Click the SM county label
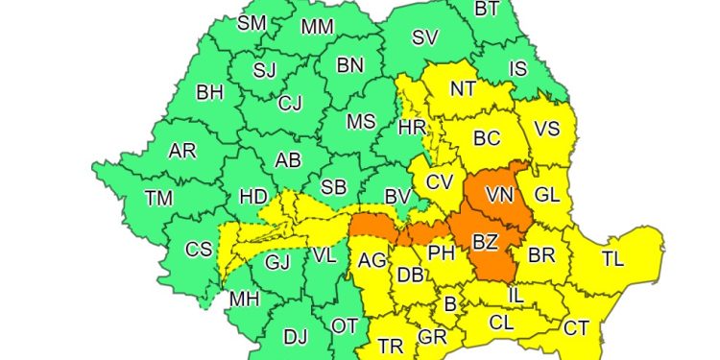[x=252, y=23]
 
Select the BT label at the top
[x=488, y=9]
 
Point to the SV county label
[x=424, y=38]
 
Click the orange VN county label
[x=499, y=195]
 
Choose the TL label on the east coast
[x=612, y=258]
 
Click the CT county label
[x=576, y=328]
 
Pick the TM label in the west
[x=158, y=199]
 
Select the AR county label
[x=182, y=152]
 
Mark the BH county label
[x=209, y=93]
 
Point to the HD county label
[x=253, y=197]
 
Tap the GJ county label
[x=276, y=261]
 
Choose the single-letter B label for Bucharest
[x=449, y=304]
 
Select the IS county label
[x=518, y=68]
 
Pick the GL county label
[x=547, y=195]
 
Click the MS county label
[x=361, y=122]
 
